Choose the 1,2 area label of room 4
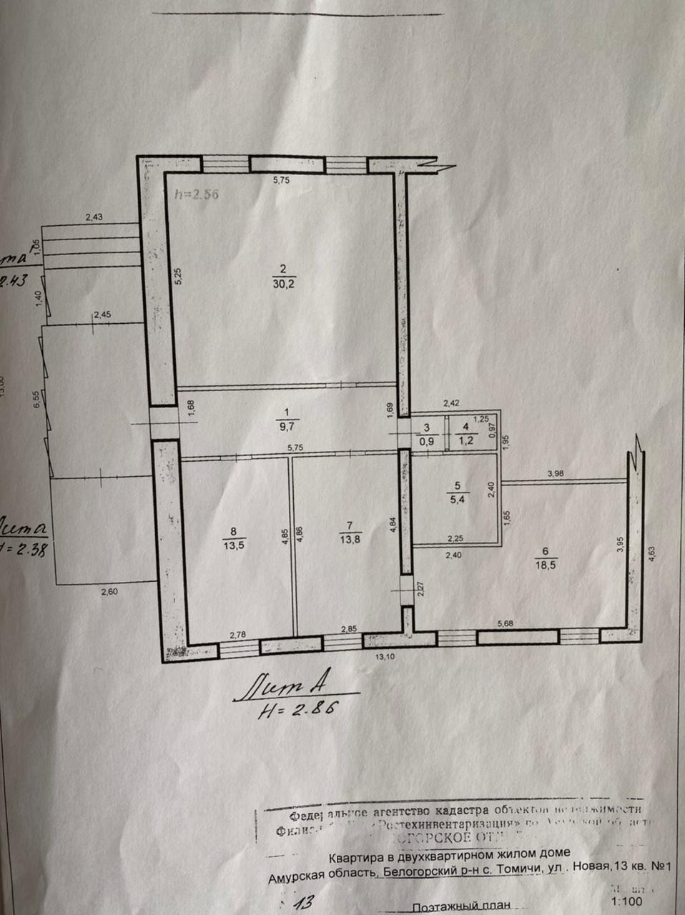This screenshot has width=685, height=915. (465, 440)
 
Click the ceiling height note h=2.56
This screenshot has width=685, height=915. (195, 193)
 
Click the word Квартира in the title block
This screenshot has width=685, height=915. (355, 854)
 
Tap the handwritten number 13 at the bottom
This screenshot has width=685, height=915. (303, 901)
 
